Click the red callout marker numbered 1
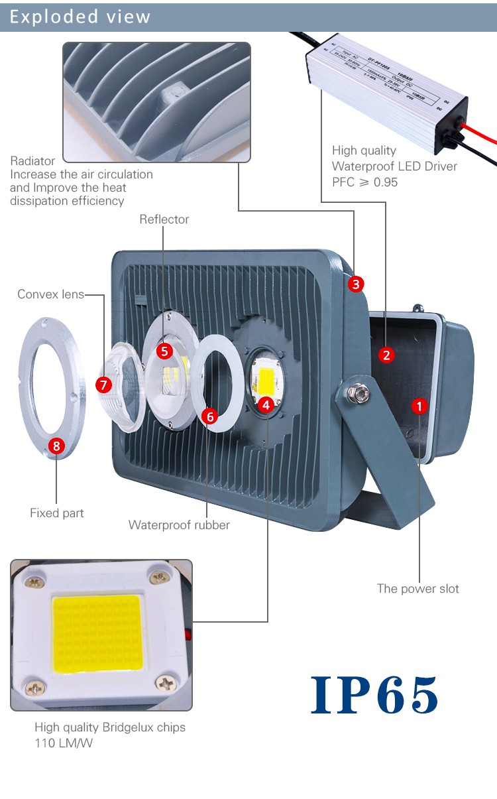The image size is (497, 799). click(x=419, y=405)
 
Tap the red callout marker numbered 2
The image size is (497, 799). click(x=387, y=355)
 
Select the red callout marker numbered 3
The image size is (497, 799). click(x=356, y=284)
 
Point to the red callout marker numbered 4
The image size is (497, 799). click(x=266, y=404)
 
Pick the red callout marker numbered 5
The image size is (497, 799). click(x=164, y=351)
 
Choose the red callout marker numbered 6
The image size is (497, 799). click(x=210, y=416)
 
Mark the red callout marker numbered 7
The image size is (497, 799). click(x=103, y=384)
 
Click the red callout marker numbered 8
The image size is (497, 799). click(x=56, y=446)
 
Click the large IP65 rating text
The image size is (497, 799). click(x=374, y=695)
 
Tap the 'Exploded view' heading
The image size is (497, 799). click(x=80, y=17)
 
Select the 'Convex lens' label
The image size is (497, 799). click(x=50, y=294)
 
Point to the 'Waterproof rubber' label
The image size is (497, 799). click(x=179, y=525)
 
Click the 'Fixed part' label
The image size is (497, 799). click(x=57, y=513)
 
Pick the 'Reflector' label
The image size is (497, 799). click(x=164, y=219)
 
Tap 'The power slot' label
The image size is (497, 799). click(x=417, y=589)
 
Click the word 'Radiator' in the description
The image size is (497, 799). click(x=32, y=161)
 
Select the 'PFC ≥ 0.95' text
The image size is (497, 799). click(x=364, y=182)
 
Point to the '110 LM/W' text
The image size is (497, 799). click(x=64, y=743)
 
